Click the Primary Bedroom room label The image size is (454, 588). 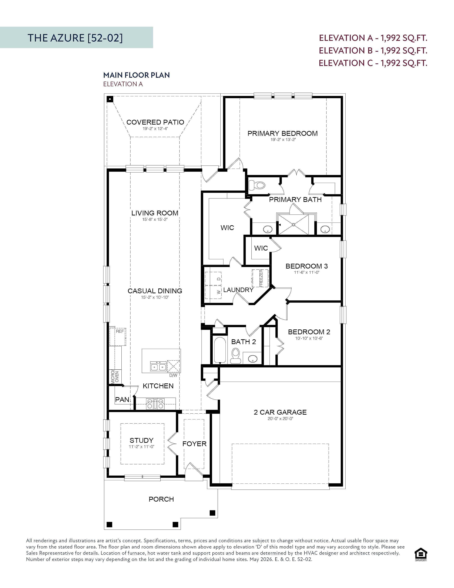pos(282,133)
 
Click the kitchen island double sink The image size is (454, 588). pos(158,366)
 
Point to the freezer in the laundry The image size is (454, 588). pos(260,278)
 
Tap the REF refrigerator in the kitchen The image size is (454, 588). pos(118,337)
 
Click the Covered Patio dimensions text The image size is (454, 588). pos(155,129)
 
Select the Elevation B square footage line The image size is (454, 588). pos(373,50)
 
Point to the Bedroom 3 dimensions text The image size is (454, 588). pos(307,272)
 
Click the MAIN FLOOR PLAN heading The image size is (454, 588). pos(137,75)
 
